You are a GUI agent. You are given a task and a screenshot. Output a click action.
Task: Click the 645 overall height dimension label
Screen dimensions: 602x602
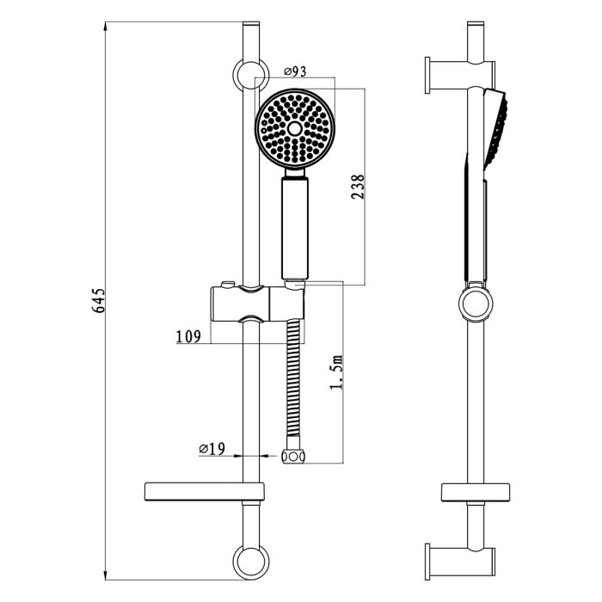pyautogui.click(x=99, y=300)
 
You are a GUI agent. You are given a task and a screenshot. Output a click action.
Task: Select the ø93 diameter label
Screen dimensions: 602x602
pyautogui.click(x=295, y=71)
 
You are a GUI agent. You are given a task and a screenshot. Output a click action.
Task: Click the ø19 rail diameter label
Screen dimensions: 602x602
pyautogui.click(x=212, y=448)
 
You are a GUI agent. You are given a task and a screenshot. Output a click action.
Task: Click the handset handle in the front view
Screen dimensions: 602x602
pyautogui.click(x=294, y=228)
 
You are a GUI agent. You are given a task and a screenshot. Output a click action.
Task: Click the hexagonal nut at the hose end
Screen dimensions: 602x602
pyautogui.click(x=294, y=456)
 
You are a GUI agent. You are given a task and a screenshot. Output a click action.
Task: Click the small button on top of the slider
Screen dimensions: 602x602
pyautogui.click(x=225, y=284)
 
